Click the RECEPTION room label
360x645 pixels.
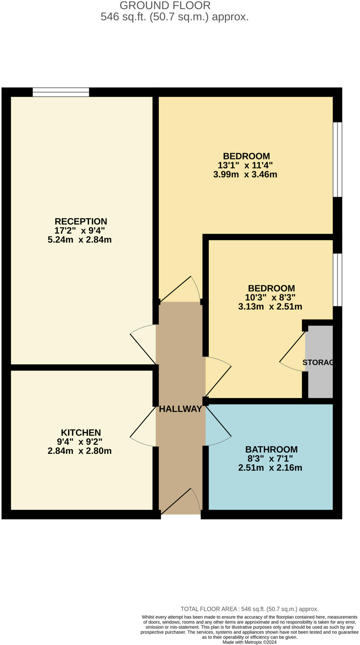[x=81, y=221]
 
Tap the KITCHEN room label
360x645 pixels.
[x=81, y=432]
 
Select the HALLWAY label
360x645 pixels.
[x=180, y=409]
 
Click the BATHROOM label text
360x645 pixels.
[x=271, y=449]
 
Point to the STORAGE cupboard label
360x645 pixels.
[x=318, y=362]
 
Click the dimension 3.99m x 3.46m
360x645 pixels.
[x=245, y=174]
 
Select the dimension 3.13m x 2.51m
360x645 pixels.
[x=270, y=306]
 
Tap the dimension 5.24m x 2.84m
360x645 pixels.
[x=80, y=240]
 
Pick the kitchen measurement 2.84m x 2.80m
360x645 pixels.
[x=80, y=451]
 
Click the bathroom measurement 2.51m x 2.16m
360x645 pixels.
[x=270, y=468]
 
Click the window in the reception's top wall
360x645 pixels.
[x=61, y=92]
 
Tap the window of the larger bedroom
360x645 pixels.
[x=337, y=159]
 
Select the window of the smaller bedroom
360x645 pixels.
[x=337, y=280]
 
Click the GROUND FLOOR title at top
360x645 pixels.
[x=165, y=5]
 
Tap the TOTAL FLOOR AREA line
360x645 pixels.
[x=249, y=609]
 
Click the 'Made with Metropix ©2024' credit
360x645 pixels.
[x=249, y=642]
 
